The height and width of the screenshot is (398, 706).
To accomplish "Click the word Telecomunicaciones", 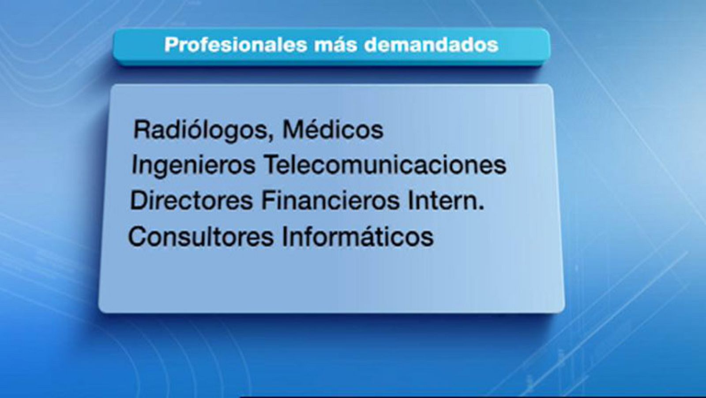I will [385, 165].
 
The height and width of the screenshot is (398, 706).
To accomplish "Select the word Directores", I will [191, 201].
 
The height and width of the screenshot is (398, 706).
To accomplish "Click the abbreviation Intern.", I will [446, 201].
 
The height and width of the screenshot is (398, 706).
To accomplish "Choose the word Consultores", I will [201, 237].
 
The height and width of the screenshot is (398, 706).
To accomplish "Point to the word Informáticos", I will [357, 237].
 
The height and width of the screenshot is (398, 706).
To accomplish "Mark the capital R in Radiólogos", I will [142, 130].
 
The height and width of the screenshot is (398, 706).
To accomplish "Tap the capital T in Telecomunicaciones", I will [271, 165].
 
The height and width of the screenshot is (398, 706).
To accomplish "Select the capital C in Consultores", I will [137, 237].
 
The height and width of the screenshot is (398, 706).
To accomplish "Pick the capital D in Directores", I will [139, 201].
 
